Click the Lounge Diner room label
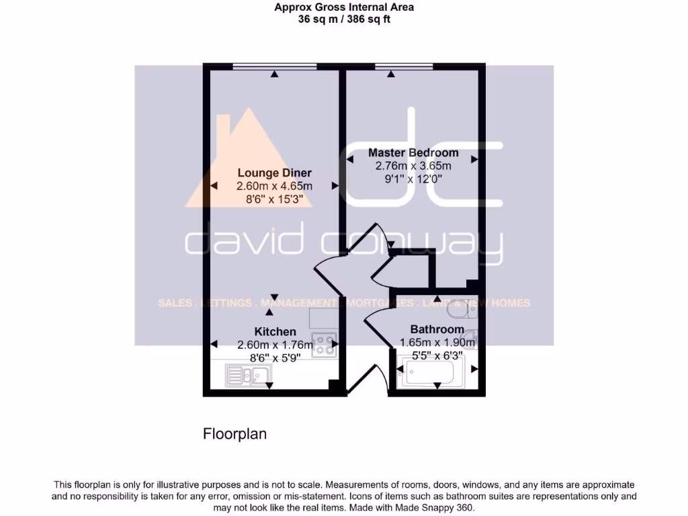click(274, 173)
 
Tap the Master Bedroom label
click(413, 153)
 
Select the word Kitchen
click(275, 331)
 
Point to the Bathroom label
click(437, 329)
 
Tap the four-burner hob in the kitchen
click(324, 345)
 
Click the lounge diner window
click(274, 66)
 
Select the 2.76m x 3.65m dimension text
click(409, 166)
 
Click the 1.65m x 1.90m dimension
click(437, 343)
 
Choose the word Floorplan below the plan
click(234, 434)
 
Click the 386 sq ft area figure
click(368, 19)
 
